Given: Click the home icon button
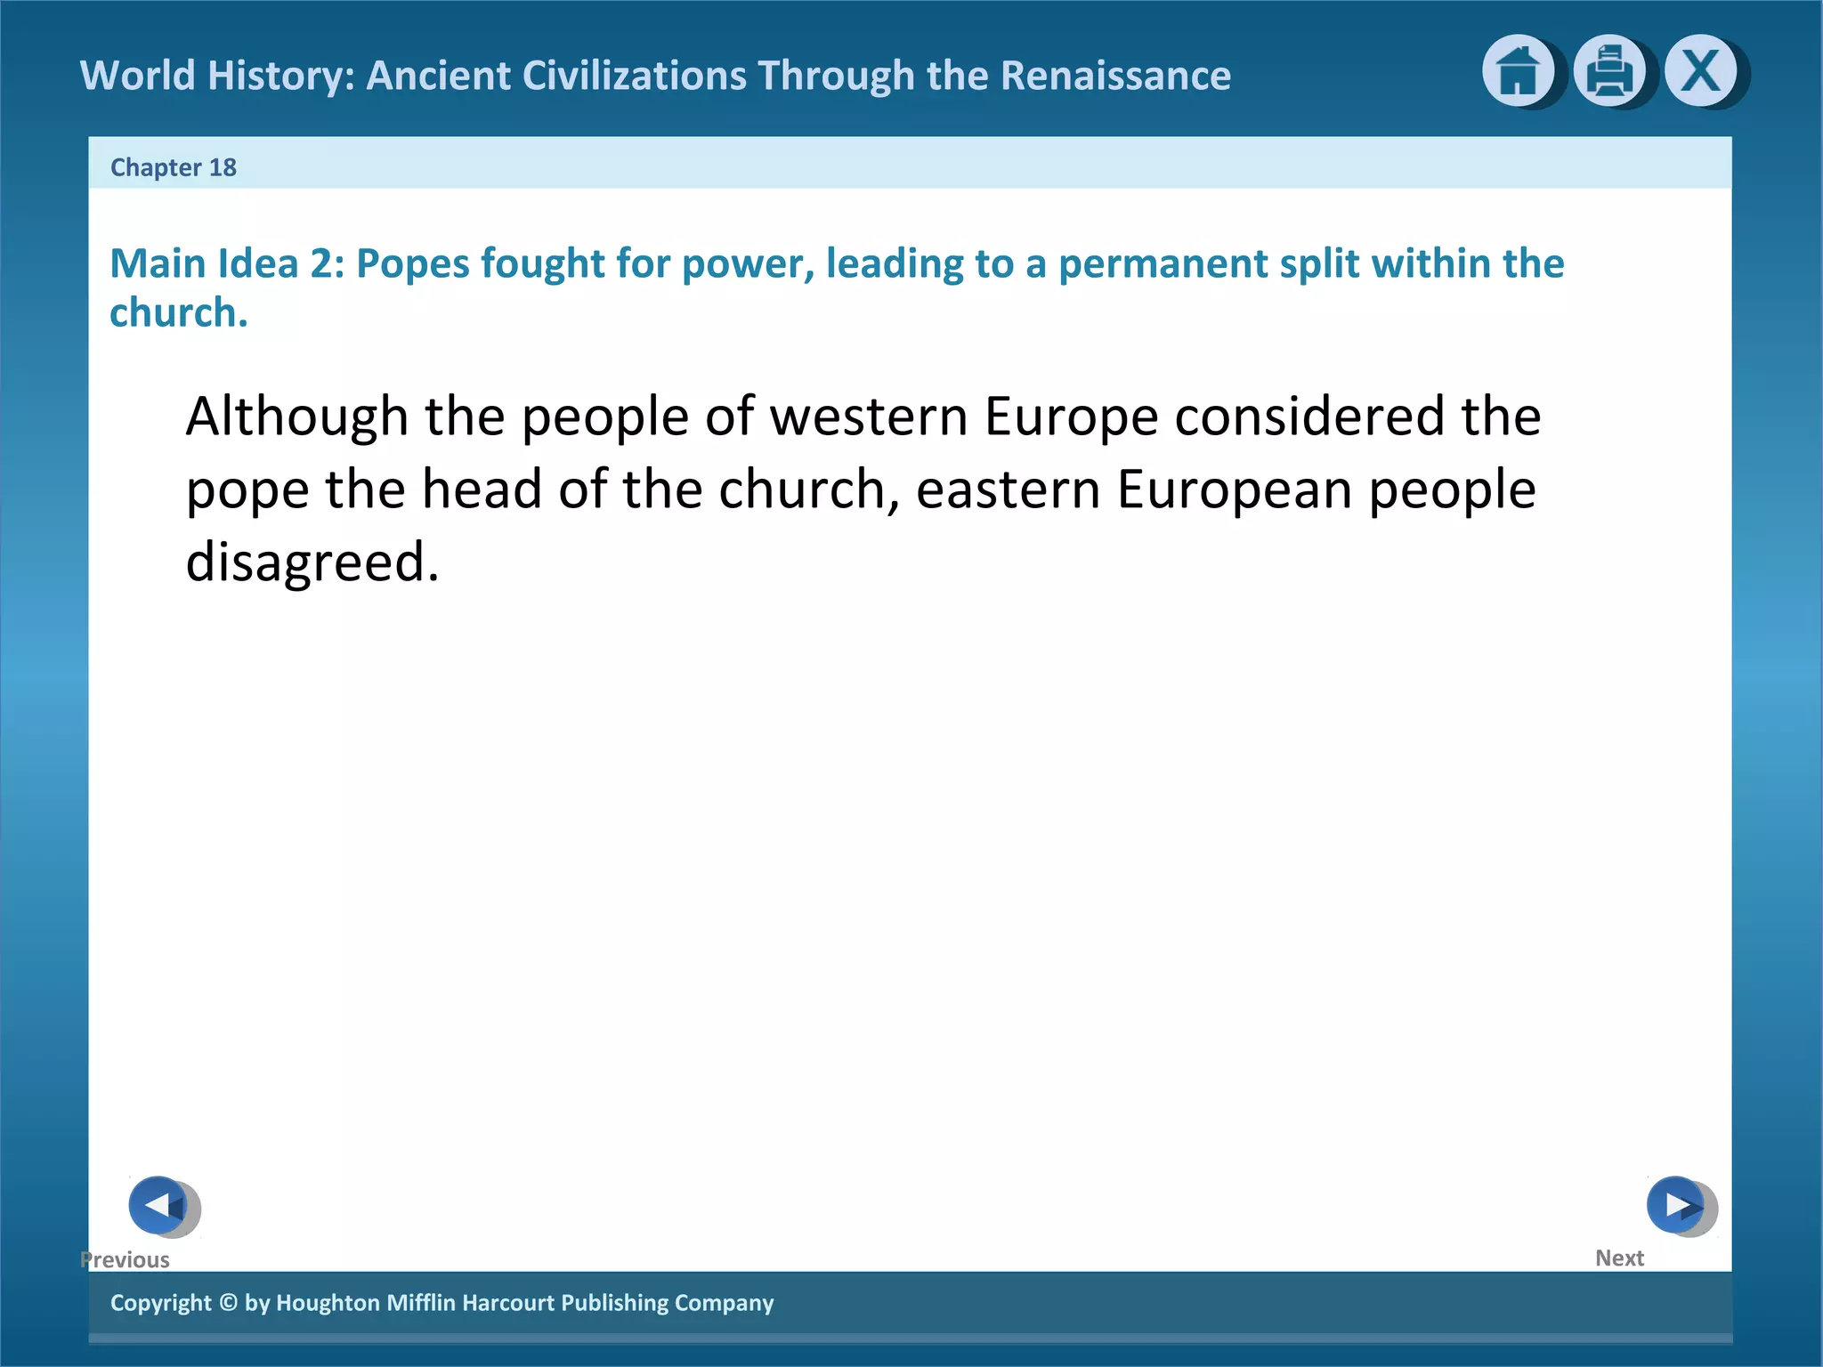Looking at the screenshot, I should coord(1518,71).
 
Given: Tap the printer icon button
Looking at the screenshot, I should coord(1609,71).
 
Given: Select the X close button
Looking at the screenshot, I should coord(1701,71).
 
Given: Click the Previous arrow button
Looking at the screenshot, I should coord(159,1205).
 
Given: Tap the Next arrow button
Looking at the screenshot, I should coord(1677,1205).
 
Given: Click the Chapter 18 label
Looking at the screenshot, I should coord(174,167).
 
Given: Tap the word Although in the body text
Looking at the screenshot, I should coord(296,417).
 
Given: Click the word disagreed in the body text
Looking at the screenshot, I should coord(312,562).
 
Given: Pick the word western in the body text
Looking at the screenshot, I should coord(869,417).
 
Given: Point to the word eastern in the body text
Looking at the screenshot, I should coord(1009,490).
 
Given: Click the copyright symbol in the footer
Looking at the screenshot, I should coord(229,1303).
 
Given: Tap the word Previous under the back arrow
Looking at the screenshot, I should coord(125,1260).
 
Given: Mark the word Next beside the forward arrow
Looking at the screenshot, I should coord(1619,1258).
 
